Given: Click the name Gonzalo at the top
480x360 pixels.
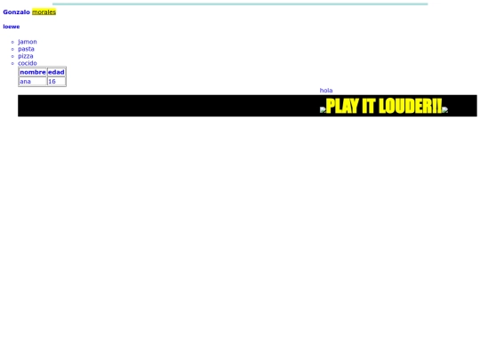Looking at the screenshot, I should pos(16,12).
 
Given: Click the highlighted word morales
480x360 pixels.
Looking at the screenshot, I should pos(44,12).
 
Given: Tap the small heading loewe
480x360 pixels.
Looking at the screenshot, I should pos(11,27).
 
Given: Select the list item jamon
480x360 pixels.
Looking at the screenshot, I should pos(28,42).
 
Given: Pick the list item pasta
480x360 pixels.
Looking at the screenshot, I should pos(26,49).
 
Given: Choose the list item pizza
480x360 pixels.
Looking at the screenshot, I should pos(26,56).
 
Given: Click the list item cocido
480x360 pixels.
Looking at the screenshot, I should pos(28,63).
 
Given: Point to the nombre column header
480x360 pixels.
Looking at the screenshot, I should pos(32,72).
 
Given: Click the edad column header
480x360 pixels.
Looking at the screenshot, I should pos(56,72).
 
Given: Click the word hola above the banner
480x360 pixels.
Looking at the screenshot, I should pos(326,91).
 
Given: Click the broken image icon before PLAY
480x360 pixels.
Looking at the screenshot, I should pos(323,109).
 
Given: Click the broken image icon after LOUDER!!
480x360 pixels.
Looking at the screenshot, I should pos(444,109).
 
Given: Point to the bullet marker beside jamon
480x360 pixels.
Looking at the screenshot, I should pos(13,42).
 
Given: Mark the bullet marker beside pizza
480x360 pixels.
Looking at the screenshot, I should pos(13,56).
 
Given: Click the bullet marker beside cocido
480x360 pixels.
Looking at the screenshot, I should pos(13,63).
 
